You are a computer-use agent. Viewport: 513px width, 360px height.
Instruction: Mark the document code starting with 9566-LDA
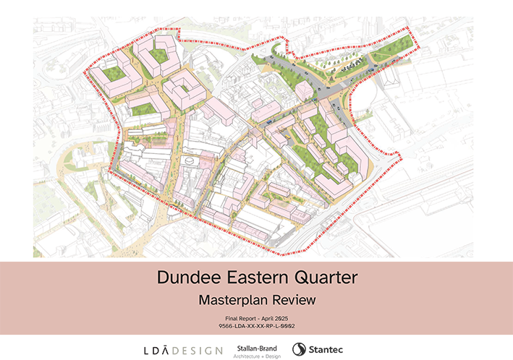(x=256, y=326)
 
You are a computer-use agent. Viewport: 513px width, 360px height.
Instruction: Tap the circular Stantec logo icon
(x=298, y=350)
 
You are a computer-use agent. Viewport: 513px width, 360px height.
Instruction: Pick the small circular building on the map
(x=190, y=160)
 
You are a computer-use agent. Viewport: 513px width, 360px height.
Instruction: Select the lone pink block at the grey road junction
(x=305, y=90)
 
